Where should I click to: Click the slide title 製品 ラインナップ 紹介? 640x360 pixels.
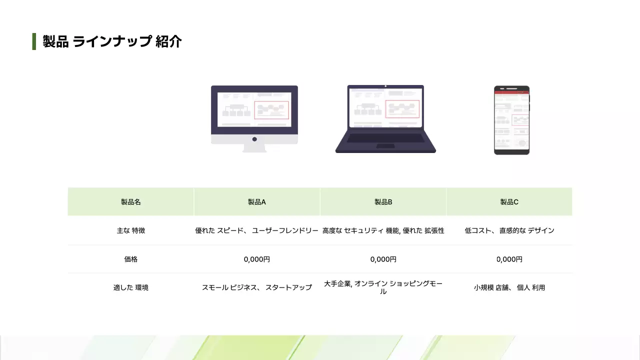coord(112,41)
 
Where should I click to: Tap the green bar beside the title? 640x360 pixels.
coord(34,41)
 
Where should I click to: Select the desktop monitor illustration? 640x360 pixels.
coord(254,118)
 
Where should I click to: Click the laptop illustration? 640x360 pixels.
coord(385,118)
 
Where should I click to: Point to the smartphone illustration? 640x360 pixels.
coord(511,120)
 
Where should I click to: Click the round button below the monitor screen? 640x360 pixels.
coord(254,139)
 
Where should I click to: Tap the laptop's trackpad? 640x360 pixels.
coord(385,146)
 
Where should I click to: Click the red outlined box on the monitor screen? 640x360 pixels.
coord(271,110)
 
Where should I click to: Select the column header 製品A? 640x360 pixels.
coord(257,202)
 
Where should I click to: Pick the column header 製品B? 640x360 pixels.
coord(383,202)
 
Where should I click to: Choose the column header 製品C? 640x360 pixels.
coord(509,202)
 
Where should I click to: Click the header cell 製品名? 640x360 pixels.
coord(131,202)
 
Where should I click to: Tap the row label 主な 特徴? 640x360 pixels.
coord(131,230)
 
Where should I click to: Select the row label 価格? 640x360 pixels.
coord(131,259)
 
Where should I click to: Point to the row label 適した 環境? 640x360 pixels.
coord(131,287)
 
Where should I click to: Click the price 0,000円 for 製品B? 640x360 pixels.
coord(383,259)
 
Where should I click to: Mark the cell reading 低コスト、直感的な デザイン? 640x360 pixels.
coord(509,230)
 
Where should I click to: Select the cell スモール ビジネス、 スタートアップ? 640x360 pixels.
coord(257,287)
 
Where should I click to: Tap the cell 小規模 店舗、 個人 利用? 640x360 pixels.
coord(509,287)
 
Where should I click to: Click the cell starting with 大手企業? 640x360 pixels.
coord(383,287)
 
